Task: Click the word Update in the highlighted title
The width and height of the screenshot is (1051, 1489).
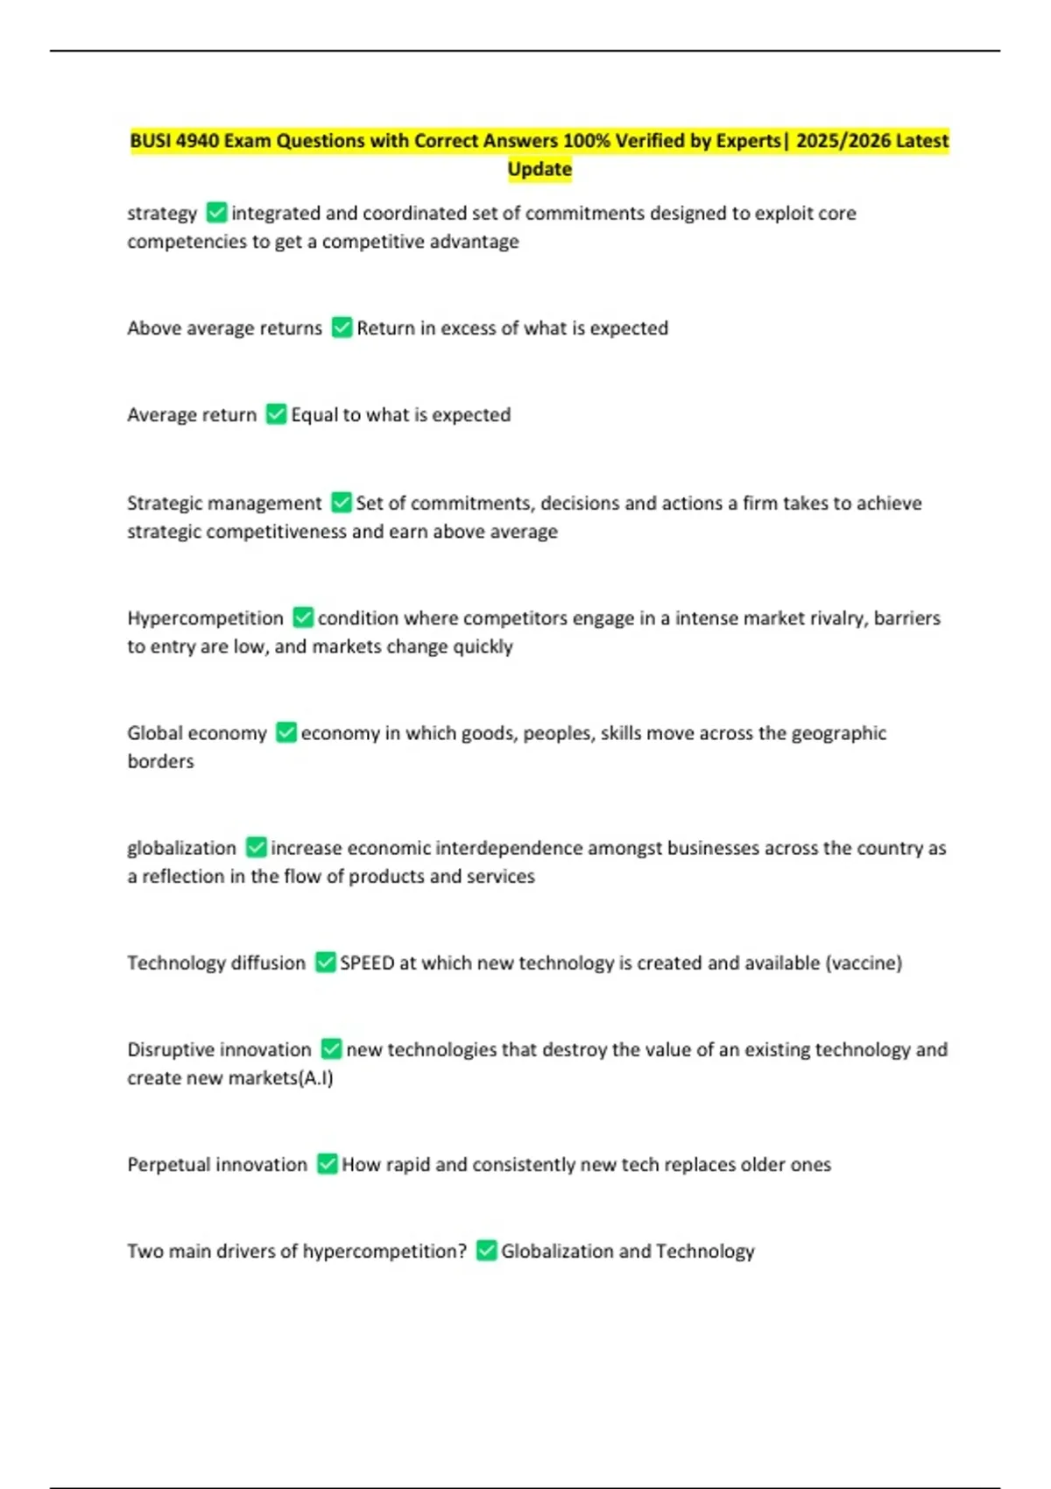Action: tap(540, 169)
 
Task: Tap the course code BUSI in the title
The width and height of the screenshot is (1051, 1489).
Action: tap(151, 141)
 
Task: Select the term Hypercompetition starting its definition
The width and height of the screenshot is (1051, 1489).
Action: tap(205, 618)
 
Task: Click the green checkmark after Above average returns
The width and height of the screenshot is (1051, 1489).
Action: tap(342, 328)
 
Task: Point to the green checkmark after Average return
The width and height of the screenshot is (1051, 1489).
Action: tap(276, 414)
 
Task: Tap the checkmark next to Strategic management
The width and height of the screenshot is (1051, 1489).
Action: tap(341, 503)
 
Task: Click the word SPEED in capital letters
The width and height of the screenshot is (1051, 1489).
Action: tap(367, 963)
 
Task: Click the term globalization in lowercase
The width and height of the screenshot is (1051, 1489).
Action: tap(181, 848)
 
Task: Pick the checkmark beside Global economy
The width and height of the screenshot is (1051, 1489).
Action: tap(286, 732)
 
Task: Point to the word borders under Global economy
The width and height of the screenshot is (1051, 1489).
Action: tap(160, 761)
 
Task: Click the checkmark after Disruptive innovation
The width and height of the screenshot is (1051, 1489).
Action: tap(331, 1048)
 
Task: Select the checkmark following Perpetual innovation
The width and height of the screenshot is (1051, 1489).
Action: tap(327, 1164)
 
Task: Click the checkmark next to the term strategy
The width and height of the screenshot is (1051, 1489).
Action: tap(215, 213)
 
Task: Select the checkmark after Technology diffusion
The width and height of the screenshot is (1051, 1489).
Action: tap(325, 963)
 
